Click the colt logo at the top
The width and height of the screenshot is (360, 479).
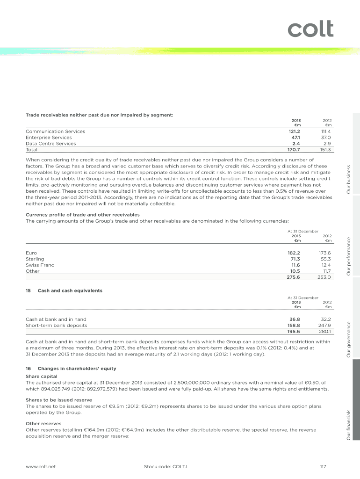310,29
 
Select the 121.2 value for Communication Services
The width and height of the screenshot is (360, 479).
293,132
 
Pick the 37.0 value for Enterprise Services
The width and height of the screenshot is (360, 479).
325,138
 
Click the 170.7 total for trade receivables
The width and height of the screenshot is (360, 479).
293,150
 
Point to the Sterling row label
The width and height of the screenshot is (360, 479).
35,259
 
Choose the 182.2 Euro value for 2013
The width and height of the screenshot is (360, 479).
293,253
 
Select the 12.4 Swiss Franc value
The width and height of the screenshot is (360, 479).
325,265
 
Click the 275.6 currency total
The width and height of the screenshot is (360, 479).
293,277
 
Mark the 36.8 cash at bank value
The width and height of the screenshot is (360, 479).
294,319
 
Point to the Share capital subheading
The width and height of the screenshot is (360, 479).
42,376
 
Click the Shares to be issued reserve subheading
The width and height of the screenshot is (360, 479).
58,400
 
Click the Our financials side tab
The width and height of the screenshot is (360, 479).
348,424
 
